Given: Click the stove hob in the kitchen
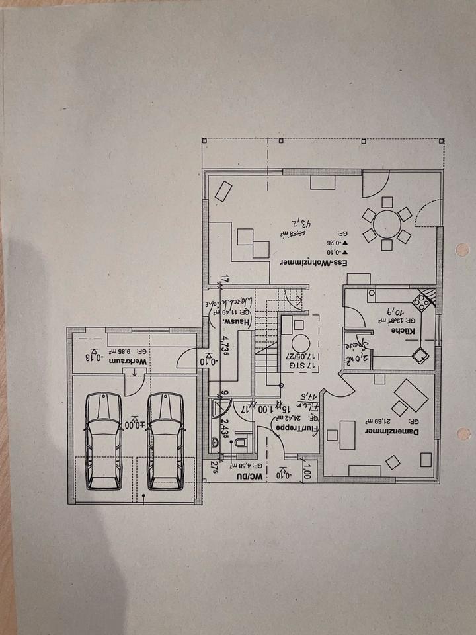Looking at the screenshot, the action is [421, 304].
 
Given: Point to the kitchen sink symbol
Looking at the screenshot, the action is [419, 355].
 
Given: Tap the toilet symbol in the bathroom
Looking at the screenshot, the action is [241, 442].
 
